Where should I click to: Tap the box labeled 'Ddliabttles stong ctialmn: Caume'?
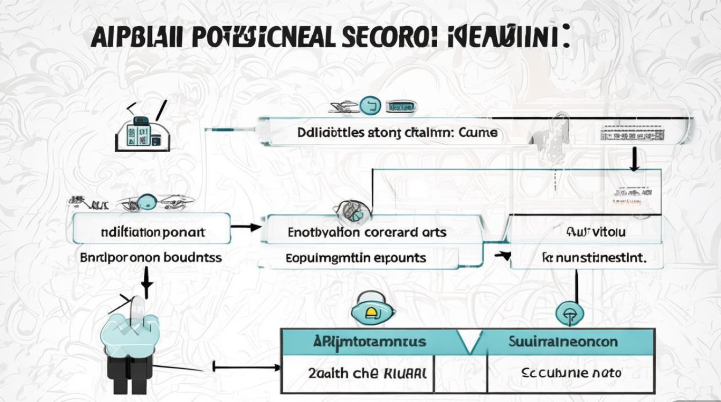[397, 132]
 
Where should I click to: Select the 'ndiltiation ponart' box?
[152, 233]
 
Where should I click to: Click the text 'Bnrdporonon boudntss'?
[151, 257]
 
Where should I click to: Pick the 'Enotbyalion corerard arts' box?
[367, 233]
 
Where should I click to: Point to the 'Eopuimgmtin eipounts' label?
[356, 258]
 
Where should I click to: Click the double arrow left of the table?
[246, 368]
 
